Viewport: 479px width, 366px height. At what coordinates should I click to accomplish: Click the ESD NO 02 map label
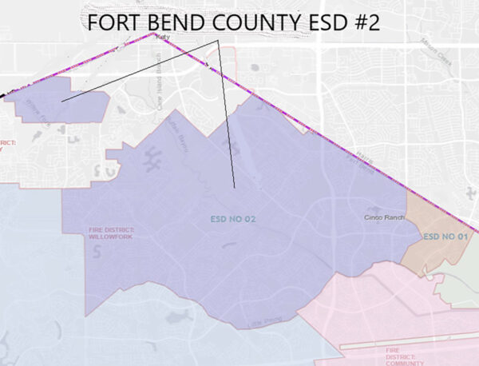232,218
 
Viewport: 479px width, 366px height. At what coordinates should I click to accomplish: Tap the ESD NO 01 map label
444,237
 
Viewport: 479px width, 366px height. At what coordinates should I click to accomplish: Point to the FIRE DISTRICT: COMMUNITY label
403,356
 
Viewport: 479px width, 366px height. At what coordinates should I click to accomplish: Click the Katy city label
164,37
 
